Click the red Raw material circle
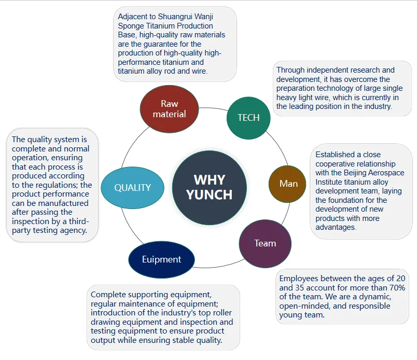point(170,109)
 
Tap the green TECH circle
point(248,117)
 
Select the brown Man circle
point(288,184)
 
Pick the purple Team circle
point(265,243)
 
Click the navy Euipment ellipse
point(161,259)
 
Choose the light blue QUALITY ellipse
point(133,188)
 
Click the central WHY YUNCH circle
point(209,187)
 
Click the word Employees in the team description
point(298,279)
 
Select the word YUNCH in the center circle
point(209,195)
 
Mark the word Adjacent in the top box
point(133,16)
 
